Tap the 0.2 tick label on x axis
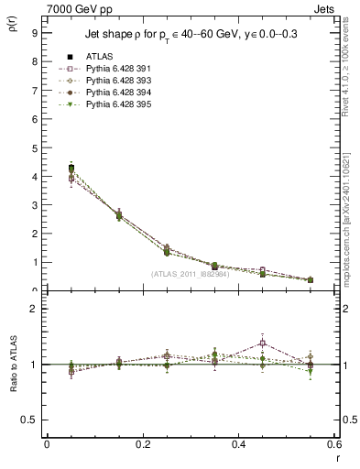tap(142, 443)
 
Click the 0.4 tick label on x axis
tap(237, 443)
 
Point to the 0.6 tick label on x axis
tap(332, 443)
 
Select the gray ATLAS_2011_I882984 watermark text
tap(191, 274)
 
